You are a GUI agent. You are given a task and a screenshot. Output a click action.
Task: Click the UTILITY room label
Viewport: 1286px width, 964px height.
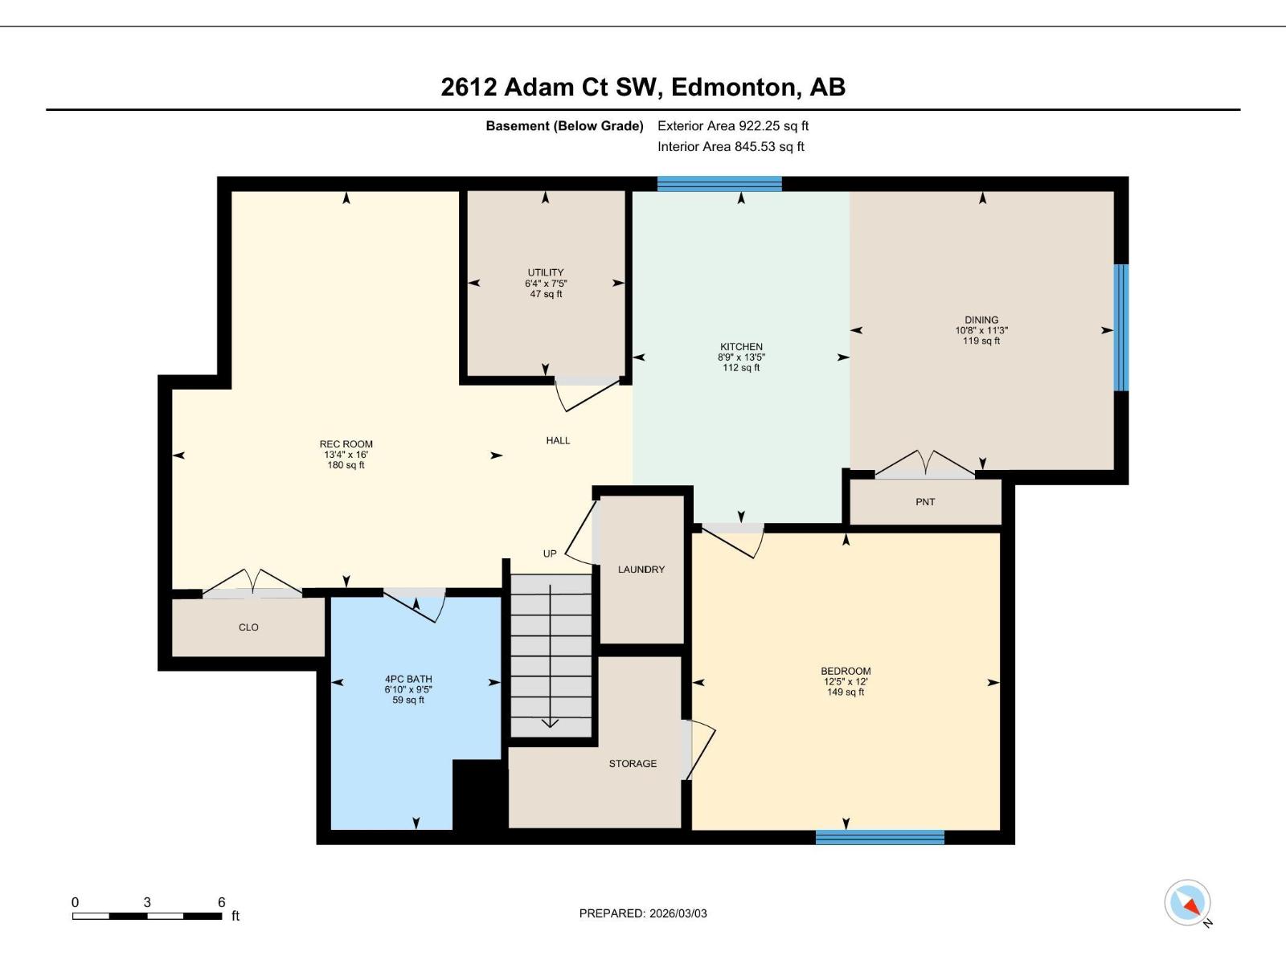(546, 272)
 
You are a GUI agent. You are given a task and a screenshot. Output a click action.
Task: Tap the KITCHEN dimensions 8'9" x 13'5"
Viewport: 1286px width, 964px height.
(740, 357)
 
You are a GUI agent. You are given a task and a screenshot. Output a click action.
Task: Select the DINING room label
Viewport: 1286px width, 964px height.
(981, 320)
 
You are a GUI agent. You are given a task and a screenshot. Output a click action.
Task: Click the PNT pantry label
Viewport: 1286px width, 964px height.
(925, 502)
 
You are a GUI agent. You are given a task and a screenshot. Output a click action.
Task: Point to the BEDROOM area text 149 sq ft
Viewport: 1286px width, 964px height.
(846, 692)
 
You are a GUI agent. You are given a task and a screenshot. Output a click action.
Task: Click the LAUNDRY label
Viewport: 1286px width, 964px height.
(641, 570)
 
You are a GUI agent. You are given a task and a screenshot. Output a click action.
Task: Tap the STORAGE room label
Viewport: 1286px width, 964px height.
(633, 764)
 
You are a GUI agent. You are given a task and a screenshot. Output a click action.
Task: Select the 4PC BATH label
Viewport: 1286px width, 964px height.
(408, 679)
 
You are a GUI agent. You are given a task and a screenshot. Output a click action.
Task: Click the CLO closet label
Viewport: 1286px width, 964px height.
(248, 627)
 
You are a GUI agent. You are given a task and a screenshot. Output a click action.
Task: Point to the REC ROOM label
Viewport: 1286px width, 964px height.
(346, 444)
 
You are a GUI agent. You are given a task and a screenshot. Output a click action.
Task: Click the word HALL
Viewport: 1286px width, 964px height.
(558, 440)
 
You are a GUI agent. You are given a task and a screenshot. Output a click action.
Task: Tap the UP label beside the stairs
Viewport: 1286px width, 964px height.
(550, 553)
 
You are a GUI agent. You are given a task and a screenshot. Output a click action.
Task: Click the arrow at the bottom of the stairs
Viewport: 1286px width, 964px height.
(550, 722)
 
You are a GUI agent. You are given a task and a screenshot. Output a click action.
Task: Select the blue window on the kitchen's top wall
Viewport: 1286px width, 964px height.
(719, 184)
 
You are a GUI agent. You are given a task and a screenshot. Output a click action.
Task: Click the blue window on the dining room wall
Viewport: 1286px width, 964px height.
(1121, 328)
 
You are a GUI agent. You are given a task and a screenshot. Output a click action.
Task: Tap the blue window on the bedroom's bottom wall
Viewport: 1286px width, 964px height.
(879, 837)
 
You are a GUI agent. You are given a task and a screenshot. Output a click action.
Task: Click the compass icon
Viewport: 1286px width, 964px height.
(1187, 903)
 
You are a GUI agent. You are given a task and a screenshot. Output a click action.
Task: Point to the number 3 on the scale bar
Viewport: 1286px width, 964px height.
(147, 902)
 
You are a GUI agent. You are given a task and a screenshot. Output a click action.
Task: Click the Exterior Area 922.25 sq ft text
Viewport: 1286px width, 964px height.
(733, 126)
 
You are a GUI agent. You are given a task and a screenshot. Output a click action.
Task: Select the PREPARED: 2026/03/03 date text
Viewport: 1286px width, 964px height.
(643, 913)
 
